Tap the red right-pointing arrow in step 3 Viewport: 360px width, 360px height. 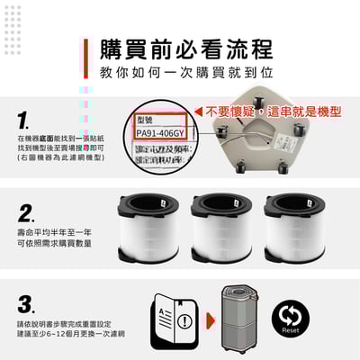coord(208,319)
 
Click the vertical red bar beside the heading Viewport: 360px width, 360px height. coord(86,58)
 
